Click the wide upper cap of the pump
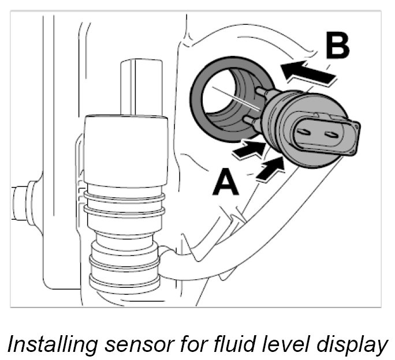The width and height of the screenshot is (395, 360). point(126,150)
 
